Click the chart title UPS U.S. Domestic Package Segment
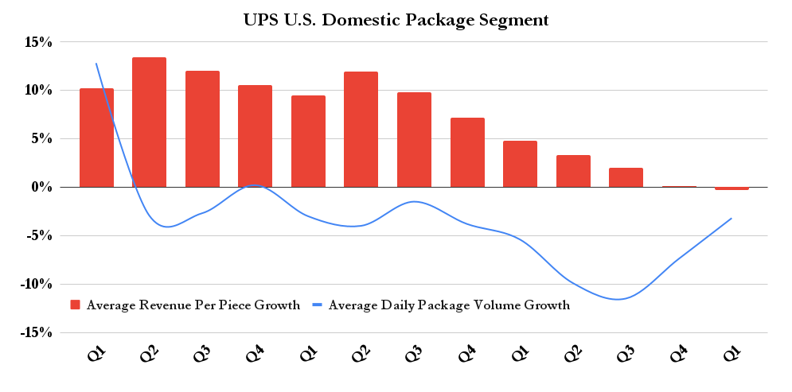point(396,20)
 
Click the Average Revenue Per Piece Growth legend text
point(193,305)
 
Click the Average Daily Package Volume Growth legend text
point(449,305)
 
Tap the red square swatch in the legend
point(76,305)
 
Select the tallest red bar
point(149,122)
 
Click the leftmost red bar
point(96,138)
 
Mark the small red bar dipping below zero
point(732,188)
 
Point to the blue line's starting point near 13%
point(96,64)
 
